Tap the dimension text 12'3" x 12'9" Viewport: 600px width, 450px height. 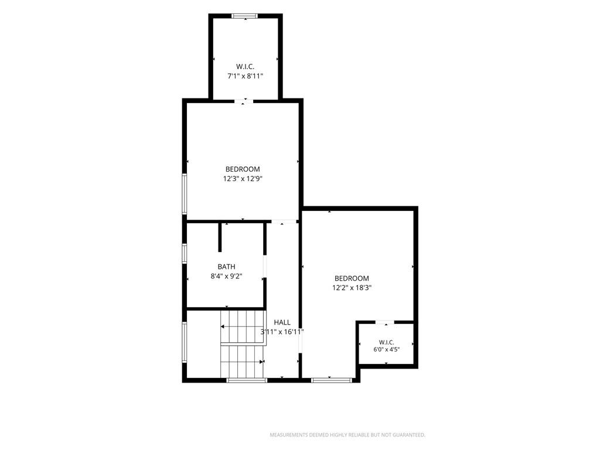[x=243, y=178]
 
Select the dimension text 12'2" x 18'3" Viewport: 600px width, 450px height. [x=352, y=287]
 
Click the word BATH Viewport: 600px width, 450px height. [x=227, y=267]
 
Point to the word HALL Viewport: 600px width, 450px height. [x=282, y=322]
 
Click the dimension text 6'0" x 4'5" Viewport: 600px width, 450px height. [x=387, y=349]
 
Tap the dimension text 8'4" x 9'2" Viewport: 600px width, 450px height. [x=227, y=276]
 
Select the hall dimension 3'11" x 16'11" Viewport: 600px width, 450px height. [x=282, y=332]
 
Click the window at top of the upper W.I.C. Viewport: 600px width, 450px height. [x=245, y=16]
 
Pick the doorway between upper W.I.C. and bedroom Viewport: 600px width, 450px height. [x=244, y=101]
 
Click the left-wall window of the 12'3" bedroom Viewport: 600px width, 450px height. [x=185, y=193]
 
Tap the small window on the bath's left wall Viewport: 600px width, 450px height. [x=185, y=253]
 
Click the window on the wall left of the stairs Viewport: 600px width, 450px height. [x=185, y=342]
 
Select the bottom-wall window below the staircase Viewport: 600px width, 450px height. [x=247, y=380]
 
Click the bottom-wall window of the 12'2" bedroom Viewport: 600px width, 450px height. [x=332, y=380]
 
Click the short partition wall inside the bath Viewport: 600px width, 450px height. [x=220, y=237]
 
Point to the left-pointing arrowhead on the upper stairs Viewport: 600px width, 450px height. [x=222, y=327]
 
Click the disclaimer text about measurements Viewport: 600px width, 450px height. [x=347, y=435]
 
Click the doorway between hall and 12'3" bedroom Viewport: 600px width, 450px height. [x=284, y=221]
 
